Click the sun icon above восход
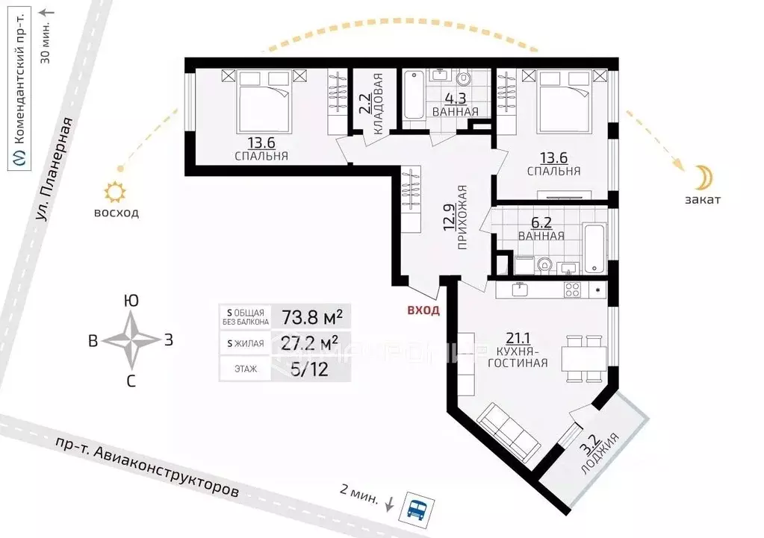tap(116, 192)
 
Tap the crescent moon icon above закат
tap(703, 178)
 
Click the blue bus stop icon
tap(417, 510)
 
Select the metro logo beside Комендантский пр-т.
tap(19, 158)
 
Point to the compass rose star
tap(131, 340)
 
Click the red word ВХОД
tap(423, 310)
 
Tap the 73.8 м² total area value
tap(312, 317)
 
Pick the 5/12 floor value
tap(309, 369)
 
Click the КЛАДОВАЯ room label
tap(378, 104)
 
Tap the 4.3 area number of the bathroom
tap(456, 98)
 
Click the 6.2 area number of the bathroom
tap(541, 223)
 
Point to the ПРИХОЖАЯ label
tap(462, 217)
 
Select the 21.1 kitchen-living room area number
tap(517, 338)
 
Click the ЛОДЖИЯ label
tap(600, 454)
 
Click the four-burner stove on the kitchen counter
tap(572, 290)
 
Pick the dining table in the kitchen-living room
tap(584, 359)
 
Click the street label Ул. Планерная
tap(54, 169)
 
